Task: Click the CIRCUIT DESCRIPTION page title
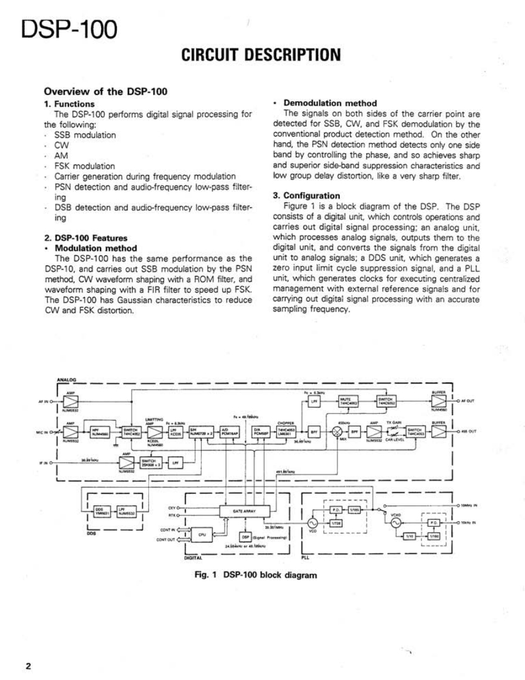262,56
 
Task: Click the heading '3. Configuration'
306,196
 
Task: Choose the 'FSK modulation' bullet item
85,165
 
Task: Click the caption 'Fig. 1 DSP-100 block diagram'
254,575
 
